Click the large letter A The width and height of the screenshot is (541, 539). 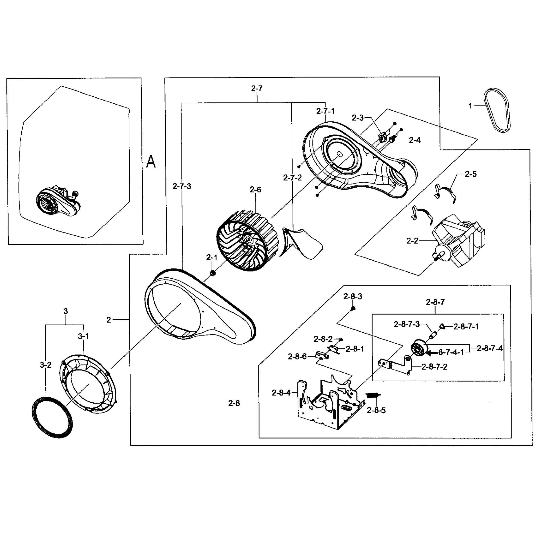click(x=151, y=162)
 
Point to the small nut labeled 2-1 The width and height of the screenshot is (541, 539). click(x=212, y=273)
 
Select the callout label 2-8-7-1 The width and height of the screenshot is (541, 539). click(x=466, y=326)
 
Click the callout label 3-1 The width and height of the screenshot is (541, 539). click(x=83, y=336)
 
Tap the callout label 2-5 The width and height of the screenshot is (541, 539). click(x=470, y=174)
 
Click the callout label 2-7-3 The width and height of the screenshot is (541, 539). click(x=182, y=186)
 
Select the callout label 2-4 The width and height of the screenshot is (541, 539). click(x=415, y=140)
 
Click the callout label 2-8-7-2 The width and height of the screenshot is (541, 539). click(x=434, y=367)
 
